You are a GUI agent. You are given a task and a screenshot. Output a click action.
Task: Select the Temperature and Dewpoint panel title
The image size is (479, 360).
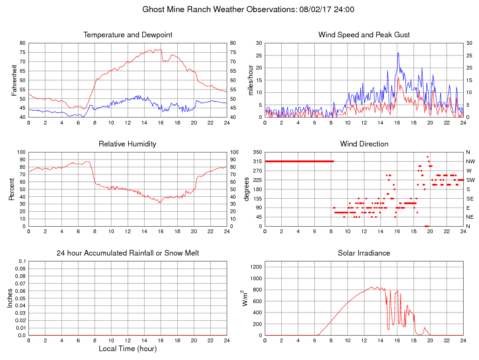point(128,35)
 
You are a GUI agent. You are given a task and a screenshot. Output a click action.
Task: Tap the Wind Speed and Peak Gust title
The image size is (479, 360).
point(364,35)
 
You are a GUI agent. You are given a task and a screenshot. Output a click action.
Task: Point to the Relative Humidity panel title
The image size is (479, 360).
point(128,144)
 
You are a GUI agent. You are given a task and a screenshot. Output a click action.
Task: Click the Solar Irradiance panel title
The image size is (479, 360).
point(364,253)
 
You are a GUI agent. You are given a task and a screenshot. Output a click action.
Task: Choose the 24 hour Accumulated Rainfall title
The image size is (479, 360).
point(128,253)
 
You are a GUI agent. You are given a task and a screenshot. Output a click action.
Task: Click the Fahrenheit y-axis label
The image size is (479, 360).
point(14,80)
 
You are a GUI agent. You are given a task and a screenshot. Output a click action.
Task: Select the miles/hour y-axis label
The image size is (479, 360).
point(251,80)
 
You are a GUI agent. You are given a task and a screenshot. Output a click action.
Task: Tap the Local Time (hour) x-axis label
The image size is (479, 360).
point(128,349)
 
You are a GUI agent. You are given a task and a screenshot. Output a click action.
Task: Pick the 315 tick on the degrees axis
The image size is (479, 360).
point(257,161)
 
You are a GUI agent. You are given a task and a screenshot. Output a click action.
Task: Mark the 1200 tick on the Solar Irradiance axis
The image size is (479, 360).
point(256,267)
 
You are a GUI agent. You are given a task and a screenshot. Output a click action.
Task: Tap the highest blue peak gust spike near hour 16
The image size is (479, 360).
point(398,53)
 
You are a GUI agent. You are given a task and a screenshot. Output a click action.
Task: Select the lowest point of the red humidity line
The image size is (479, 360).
point(160,202)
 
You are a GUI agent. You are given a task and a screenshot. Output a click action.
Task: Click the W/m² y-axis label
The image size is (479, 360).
point(243,298)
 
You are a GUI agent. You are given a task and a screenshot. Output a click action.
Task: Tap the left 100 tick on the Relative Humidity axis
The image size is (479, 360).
point(21,152)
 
